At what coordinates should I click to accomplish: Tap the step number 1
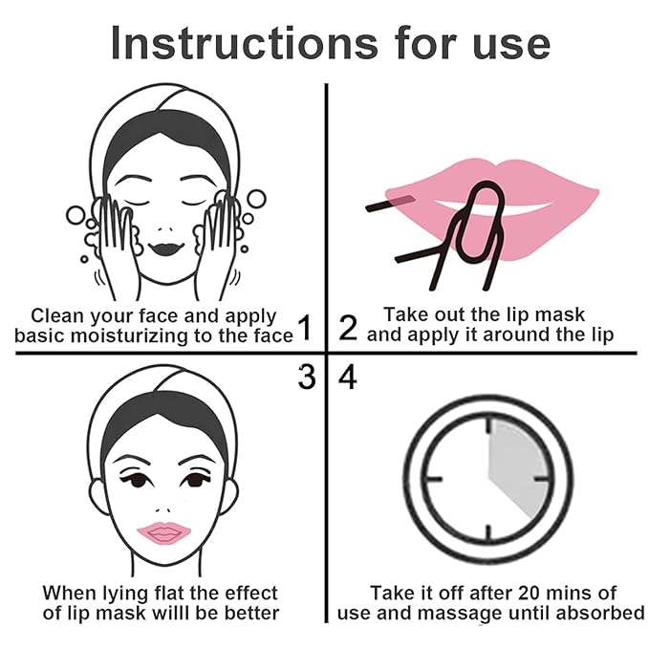(305, 329)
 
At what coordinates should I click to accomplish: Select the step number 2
(348, 328)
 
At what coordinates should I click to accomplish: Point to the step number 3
(306, 378)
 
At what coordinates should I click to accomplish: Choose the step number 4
(348, 378)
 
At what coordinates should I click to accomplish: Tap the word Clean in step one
(55, 315)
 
